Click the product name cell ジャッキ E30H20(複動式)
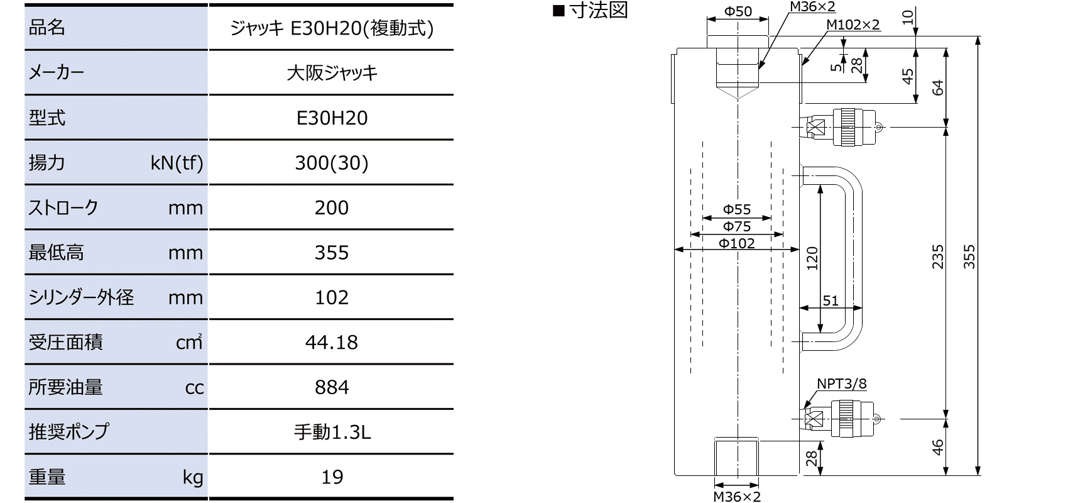332,28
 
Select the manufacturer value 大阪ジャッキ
332,73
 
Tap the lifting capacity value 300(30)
332,163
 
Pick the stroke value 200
332,207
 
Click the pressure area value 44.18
332,342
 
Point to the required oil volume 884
332,387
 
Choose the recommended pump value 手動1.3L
332,432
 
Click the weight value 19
332,477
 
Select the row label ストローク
63,207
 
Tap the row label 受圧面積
66,342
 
